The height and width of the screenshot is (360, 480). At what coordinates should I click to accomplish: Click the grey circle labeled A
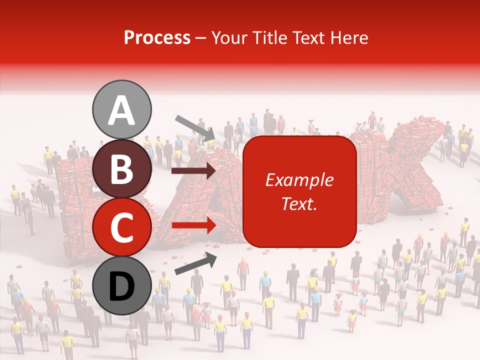[x=122, y=109]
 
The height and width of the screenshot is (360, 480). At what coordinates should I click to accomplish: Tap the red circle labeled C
[x=122, y=227]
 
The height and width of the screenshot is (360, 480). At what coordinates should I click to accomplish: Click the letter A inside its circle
[x=122, y=110]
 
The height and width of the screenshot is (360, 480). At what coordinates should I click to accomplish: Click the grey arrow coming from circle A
[x=195, y=128]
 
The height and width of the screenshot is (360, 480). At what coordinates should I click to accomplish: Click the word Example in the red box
[x=299, y=180]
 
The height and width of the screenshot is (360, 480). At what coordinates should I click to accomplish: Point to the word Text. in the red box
[x=299, y=204]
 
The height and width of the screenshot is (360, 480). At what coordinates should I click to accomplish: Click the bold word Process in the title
[x=157, y=38]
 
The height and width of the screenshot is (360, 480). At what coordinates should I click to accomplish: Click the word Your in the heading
[x=228, y=38]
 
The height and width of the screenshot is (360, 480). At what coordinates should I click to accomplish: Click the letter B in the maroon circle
[x=122, y=170]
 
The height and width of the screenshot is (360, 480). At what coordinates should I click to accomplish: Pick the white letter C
[x=122, y=228]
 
